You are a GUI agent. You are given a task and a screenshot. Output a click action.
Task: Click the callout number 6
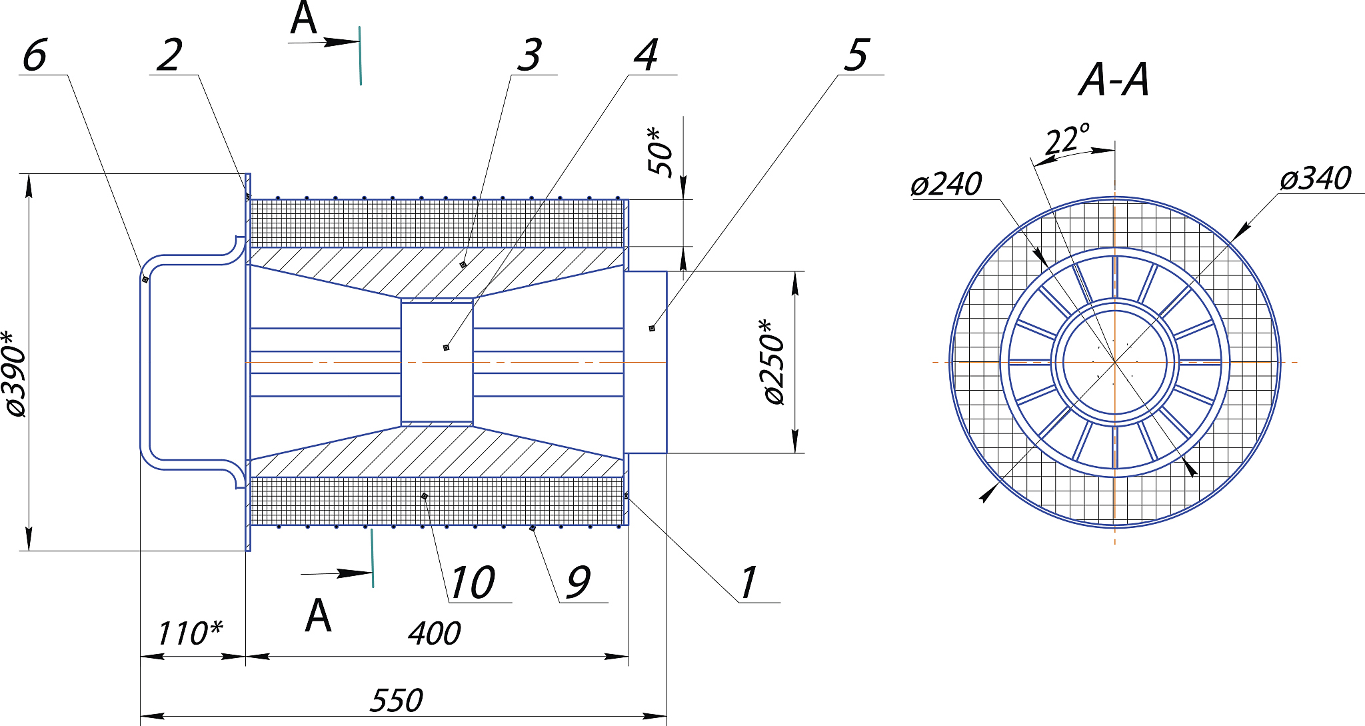coord(35,55)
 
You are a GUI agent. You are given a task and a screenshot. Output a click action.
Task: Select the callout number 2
coord(170,55)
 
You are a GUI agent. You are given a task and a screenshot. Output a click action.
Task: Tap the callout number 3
coord(530,55)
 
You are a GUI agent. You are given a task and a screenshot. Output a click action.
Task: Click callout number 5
coord(857,55)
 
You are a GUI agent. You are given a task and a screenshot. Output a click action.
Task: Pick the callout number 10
coord(472,582)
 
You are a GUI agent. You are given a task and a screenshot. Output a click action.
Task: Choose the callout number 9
coord(579,582)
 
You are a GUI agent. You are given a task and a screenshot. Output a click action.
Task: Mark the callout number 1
coord(749,582)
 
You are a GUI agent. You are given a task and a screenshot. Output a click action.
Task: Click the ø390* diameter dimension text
coord(15,373)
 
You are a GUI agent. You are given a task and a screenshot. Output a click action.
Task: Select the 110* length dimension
coord(190,633)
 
